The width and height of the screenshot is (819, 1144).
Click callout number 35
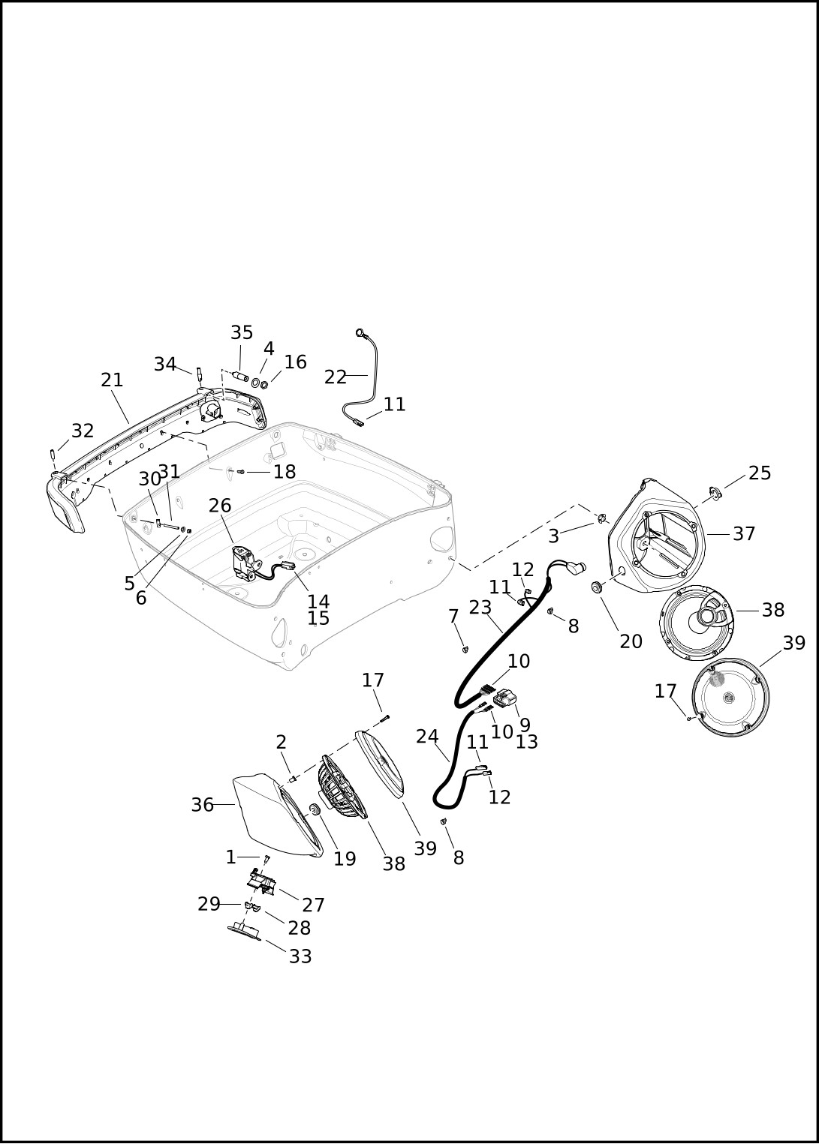coord(242,332)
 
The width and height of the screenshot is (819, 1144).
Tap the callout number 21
coord(112,380)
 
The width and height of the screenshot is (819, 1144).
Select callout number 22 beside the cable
coord(336,377)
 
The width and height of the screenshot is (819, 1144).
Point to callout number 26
coord(220,505)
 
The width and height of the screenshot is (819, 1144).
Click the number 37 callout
coord(744,533)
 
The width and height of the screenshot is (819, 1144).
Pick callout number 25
coord(759,473)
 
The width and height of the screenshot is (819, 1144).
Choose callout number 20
coord(631,641)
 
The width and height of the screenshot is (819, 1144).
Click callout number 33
coord(300,956)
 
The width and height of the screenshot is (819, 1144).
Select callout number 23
coord(480,607)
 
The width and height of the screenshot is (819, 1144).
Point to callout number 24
coord(427,737)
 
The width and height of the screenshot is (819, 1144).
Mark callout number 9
coord(525,725)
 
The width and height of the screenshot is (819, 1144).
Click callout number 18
coord(285,472)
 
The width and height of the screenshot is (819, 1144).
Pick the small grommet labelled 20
coord(596,587)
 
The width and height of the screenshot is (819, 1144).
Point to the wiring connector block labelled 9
coord(505,697)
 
